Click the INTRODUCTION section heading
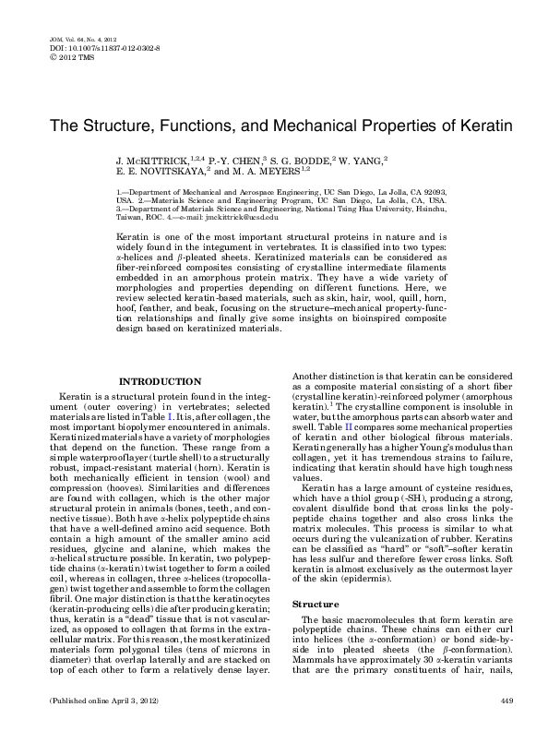[162, 382]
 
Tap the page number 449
[506, 702]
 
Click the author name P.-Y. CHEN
[232, 160]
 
